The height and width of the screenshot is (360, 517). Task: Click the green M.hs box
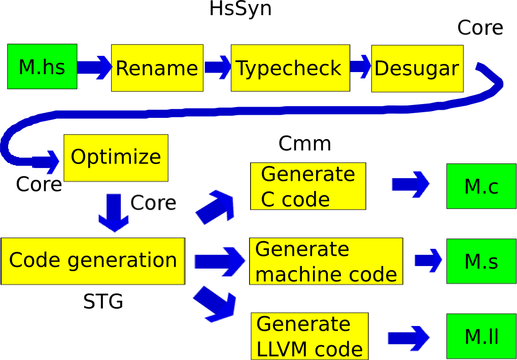pos(42,67)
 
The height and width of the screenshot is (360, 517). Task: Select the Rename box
pos(157,68)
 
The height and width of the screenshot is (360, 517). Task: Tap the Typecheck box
pos(290,68)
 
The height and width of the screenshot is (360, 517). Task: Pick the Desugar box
pos(418,69)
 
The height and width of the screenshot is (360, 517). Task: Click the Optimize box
pos(116,158)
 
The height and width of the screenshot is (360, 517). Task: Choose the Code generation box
pos(93,260)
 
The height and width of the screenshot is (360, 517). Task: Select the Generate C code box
pos(308,186)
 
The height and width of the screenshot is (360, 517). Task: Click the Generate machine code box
pos(326,261)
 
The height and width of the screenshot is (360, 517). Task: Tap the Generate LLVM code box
pos(309,336)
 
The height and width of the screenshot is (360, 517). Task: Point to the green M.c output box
pos(481,186)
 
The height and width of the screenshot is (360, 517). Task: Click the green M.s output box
pos(481,261)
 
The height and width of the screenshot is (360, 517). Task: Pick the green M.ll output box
pos(481,336)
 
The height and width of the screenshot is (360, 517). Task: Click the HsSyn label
pos(240,9)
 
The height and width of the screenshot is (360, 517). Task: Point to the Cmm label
pos(304,144)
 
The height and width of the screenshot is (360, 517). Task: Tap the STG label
pos(103,302)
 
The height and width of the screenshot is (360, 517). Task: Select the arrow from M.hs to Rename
pos(95,68)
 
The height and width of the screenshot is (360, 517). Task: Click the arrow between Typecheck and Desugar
pos(361,67)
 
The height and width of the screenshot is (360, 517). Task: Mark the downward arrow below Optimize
pos(114,213)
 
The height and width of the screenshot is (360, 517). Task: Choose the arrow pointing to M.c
pos(410,184)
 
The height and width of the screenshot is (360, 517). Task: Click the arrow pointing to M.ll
pos(409,338)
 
